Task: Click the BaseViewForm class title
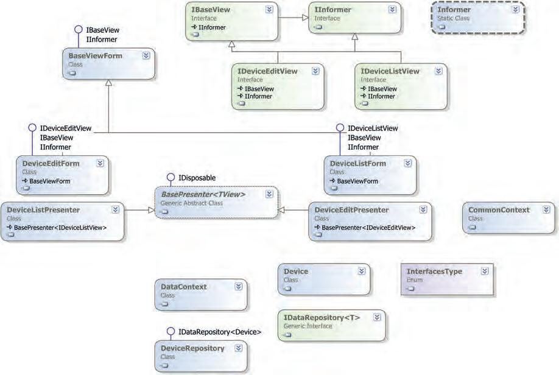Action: coord(96,56)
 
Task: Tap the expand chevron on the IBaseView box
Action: coord(269,10)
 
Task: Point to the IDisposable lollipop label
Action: coord(197,177)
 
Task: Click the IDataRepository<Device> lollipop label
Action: coord(220,332)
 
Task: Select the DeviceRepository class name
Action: coord(192,348)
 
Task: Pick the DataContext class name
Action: coord(184,287)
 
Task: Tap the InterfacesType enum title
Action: coord(434,272)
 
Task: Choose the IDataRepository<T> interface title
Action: coord(322,318)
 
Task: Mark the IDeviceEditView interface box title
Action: coord(268,71)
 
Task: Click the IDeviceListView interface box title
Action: coord(390,71)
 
